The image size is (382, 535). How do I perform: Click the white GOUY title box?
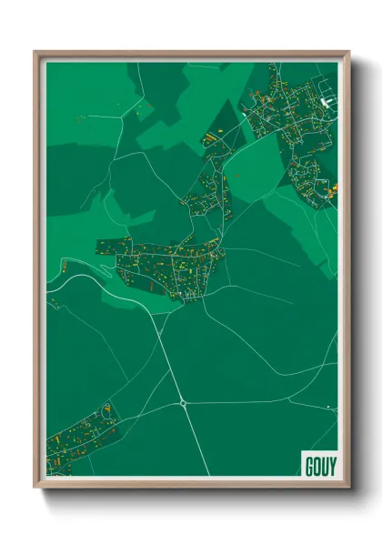317,462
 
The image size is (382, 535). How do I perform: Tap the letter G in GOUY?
307,462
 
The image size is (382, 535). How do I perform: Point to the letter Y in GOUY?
329,462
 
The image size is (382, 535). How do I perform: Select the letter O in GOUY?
315,462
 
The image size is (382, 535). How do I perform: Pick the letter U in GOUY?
322,462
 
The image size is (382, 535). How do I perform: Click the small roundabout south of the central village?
183,401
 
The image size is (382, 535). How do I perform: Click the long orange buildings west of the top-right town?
210,137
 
